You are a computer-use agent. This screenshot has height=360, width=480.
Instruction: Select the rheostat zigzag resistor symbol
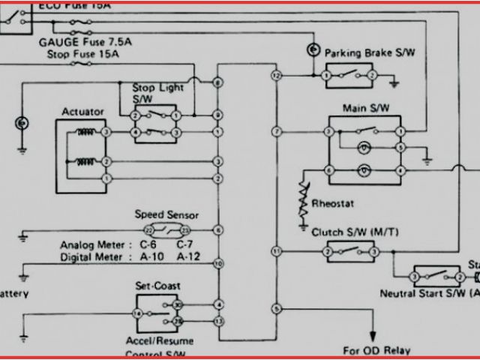click(303, 197)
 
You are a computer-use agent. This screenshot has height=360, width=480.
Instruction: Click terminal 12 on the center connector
click(277, 76)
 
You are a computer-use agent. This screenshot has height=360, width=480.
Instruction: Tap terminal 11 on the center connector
click(277, 250)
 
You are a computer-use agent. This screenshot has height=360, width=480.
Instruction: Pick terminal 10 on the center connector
click(217, 263)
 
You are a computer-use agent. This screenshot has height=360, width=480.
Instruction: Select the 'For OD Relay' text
click(373, 349)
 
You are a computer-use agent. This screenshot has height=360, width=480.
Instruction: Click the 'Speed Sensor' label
click(166, 214)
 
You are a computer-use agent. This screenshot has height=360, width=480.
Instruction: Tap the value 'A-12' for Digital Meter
click(190, 256)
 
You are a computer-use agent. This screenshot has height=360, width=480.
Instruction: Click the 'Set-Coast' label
click(157, 286)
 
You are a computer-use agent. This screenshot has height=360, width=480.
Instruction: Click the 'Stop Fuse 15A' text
click(82, 54)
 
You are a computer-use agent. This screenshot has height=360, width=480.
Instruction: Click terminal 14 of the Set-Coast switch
click(137, 313)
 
